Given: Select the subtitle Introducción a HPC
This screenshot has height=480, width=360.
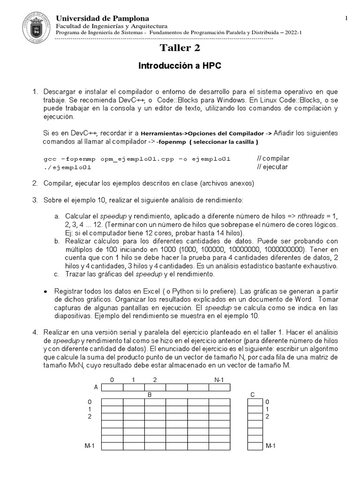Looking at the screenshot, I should coord(180,66).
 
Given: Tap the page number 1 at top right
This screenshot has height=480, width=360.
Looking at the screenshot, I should coord(346,18).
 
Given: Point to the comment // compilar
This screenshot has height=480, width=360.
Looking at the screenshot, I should coord(274,158).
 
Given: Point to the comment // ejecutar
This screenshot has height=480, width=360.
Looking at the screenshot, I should coord(273,167).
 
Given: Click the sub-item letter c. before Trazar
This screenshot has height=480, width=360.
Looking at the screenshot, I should coord(57,274).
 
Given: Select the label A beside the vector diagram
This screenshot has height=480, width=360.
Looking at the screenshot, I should coord(96,387).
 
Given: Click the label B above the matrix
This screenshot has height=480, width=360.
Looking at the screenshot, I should coord(149,395).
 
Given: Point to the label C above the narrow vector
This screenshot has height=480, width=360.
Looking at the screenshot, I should coord(253,395).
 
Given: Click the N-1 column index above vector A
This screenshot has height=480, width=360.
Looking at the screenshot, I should coord(219,379).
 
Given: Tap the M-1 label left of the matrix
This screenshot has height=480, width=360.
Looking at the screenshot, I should coord(90,446).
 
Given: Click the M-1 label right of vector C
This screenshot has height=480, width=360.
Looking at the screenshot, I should coord(270,446).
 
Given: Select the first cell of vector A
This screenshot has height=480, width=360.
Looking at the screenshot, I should coord(112,387).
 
